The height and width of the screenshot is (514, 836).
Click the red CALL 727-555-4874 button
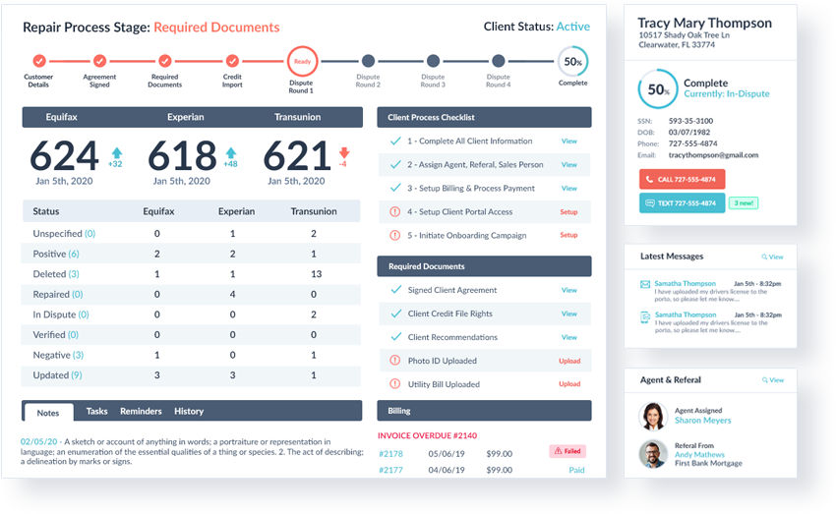pos(682,180)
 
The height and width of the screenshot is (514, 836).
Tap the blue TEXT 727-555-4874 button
pos(682,203)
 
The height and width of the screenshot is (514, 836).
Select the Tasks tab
pos(96,411)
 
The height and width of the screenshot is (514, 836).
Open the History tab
pos(189,411)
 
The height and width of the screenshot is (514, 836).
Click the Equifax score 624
pos(64,156)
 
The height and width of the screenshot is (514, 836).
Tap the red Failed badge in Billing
pos(567,451)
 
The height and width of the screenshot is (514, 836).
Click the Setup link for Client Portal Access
pos(568,212)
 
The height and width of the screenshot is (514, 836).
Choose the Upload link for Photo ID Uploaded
pos(569,361)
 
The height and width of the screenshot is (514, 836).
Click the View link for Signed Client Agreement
pos(569,290)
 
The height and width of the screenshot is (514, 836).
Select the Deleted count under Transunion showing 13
pos(313,274)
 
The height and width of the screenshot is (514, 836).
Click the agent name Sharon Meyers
pos(703,421)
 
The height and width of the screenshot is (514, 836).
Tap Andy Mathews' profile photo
pos(653,454)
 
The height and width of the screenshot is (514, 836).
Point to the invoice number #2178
pos(390,453)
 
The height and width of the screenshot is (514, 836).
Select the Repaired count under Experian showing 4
pos(232,294)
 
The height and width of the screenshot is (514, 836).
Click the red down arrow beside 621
pos(343,152)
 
